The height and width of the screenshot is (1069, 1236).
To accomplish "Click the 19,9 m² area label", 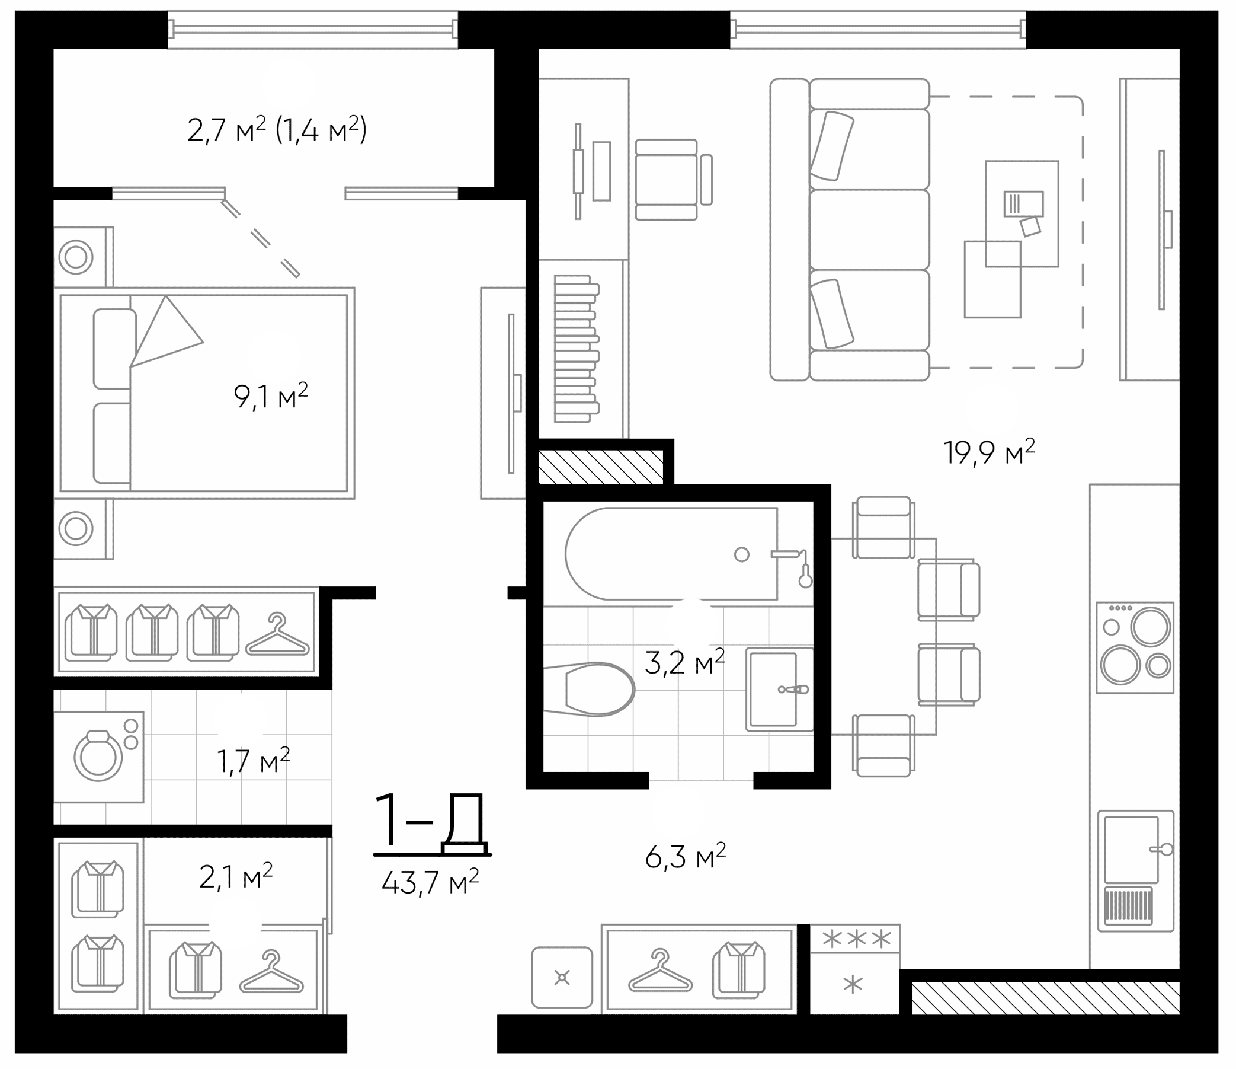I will pyautogui.click(x=989, y=452).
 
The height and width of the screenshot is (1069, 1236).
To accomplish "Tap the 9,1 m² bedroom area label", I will pyautogui.click(x=271, y=396).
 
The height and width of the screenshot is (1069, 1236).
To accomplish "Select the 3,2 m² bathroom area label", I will pyautogui.click(x=685, y=662).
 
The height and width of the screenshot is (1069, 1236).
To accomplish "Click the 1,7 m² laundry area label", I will pyautogui.click(x=253, y=762).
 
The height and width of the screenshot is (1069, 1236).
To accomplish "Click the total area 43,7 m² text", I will pyautogui.click(x=430, y=882).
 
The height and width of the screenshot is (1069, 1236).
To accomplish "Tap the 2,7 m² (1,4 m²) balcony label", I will pyautogui.click(x=277, y=130).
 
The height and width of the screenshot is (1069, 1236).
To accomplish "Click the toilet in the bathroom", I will pyautogui.click(x=597, y=689).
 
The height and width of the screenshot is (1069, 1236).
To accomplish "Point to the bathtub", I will pyautogui.click(x=671, y=554).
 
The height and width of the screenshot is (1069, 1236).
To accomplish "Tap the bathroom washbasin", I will pyautogui.click(x=773, y=690).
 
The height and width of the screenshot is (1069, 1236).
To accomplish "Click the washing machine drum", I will pyautogui.click(x=98, y=756).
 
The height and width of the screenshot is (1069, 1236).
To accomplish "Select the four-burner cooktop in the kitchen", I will pyautogui.click(x=1135, y=647).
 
